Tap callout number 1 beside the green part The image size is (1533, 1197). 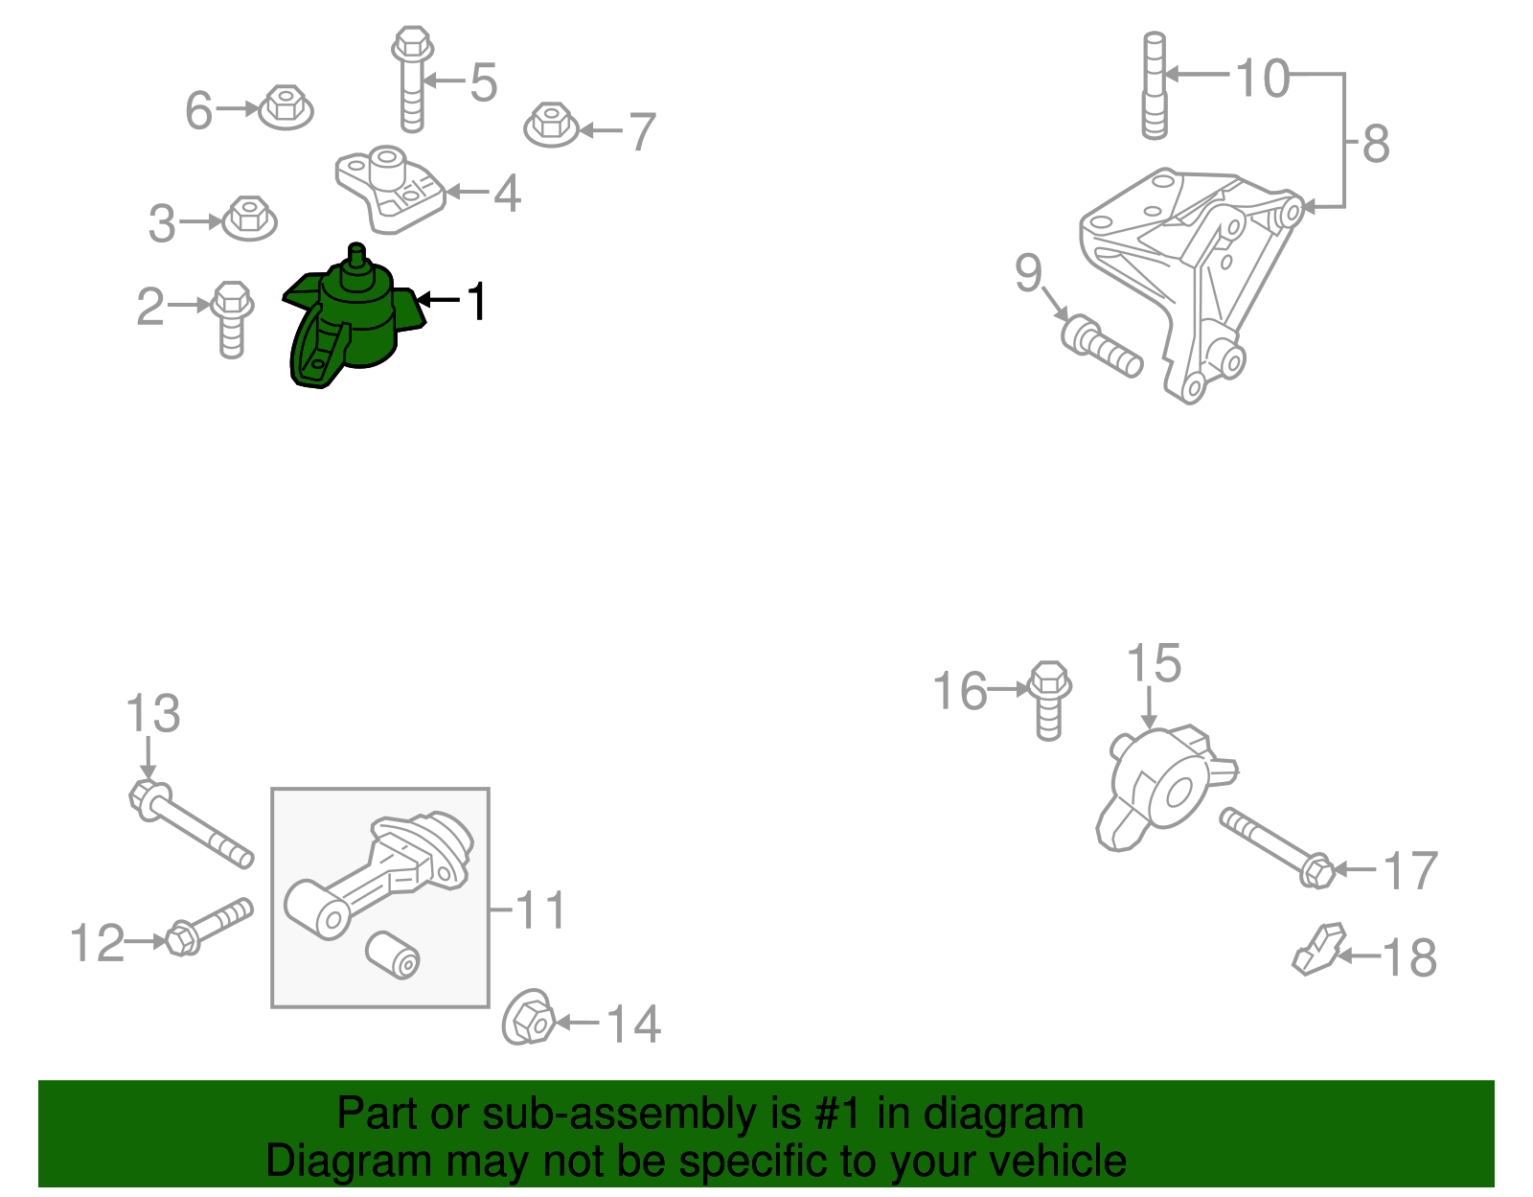476,301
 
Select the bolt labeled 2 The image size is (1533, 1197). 232,318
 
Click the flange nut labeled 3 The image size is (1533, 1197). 250,219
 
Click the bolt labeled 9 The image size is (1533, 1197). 1103,348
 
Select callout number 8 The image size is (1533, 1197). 1376,144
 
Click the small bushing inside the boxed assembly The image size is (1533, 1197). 393,955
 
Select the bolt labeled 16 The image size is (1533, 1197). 1049,700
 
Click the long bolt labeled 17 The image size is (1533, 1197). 1275,845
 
